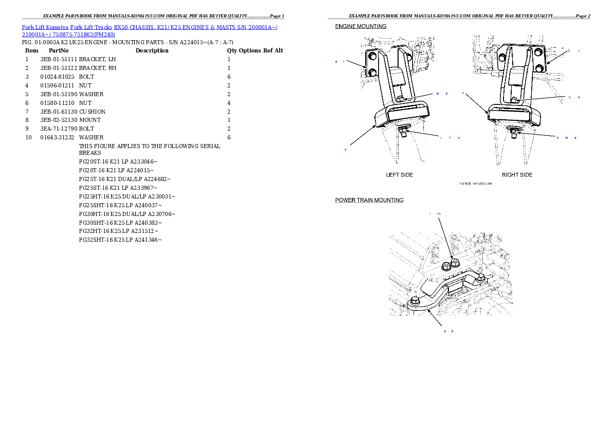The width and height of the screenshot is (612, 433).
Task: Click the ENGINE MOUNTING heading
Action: [x=361, y=26]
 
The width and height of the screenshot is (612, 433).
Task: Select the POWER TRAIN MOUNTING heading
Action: [x=369, y=200]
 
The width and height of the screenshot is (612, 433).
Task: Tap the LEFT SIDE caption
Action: [x=399, y=175]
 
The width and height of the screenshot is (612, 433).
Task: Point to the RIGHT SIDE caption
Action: [x=517, y=175]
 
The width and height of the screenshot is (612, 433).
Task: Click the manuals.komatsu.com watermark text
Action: [x=475, y=183]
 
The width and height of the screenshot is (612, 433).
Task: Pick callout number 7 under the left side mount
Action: [x=345, y=150]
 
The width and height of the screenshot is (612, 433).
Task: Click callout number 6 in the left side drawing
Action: [x=446, y=94]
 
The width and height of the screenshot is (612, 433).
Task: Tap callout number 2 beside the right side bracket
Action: [x=569, y=51]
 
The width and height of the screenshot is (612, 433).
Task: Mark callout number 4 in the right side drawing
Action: [x=575, y=138]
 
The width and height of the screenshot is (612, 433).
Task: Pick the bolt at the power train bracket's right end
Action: [x=479, y=279]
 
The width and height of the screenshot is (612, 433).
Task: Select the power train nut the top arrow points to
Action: [x=454, y=264]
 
